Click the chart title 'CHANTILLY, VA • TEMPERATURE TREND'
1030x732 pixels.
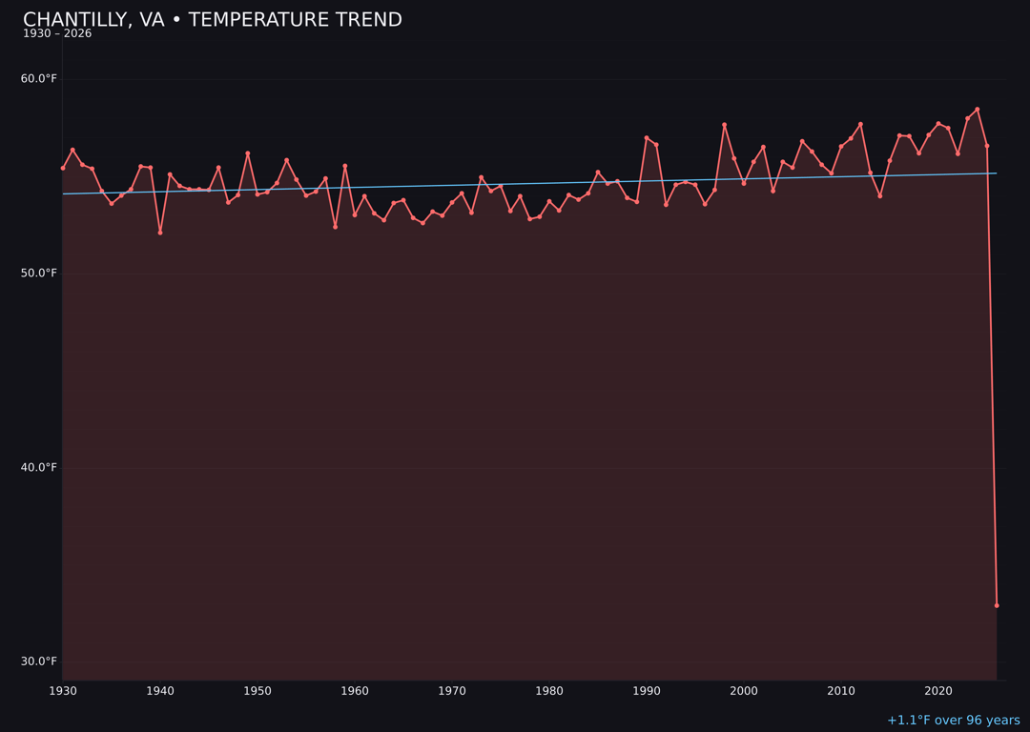213,20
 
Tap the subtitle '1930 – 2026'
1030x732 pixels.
57,34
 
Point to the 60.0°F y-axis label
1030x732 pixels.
39,78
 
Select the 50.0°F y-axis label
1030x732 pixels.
39,273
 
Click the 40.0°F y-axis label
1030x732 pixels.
39,467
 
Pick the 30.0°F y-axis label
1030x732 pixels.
39,661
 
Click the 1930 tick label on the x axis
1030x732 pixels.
63,690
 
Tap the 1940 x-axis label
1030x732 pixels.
160,690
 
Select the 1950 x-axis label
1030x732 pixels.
257,690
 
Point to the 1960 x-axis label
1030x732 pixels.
355,690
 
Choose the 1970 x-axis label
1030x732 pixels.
452,690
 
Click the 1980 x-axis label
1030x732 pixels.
549,690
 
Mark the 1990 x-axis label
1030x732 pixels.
647,690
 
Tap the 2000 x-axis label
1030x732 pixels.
744,690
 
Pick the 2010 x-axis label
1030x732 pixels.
841,690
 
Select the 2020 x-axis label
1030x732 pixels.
938,690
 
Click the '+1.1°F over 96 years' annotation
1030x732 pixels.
953,721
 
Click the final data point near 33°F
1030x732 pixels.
997,605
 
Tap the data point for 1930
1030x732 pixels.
63,168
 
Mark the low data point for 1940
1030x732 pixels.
160,233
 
